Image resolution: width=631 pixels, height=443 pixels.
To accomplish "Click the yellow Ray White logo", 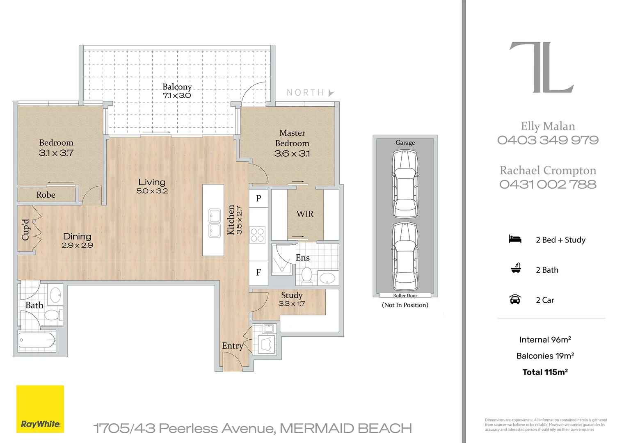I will [x=40, y=409].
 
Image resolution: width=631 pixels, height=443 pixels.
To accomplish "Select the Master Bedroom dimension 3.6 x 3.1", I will [x=292, y=153].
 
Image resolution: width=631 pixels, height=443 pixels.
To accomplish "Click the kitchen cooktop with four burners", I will [x=258, y=235].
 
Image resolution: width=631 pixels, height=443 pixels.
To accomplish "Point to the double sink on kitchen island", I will [x=215, y=223].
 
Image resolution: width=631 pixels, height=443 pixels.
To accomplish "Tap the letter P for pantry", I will [x=258, y=198].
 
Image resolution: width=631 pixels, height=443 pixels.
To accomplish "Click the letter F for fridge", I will [x=258, y=272].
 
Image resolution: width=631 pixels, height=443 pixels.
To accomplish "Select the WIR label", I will [x=305, y=214].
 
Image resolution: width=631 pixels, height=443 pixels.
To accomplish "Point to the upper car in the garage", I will [x=405, y=183].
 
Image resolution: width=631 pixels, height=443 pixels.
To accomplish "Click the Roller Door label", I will [x=405, y=295].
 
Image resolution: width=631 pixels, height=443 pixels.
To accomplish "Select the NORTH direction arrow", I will [x=331, y=93].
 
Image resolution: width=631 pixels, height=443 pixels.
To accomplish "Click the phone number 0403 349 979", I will [x=548, y=140].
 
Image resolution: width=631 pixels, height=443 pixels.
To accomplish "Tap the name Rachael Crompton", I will [x=548, y=170].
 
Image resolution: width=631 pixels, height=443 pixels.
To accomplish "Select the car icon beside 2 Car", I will [x=515, y=299].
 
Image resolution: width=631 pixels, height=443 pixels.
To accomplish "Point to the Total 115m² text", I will [x=545, y=372].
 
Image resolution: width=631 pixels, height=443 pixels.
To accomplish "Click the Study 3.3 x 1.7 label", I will [x=292, y=299].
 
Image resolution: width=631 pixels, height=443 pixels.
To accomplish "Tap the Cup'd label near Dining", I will [x=25, y=230].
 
